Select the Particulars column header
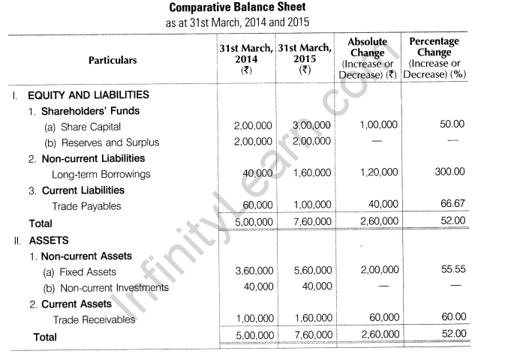coord(113,60)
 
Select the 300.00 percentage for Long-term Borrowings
coord(449,172)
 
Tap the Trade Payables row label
coord(86,205)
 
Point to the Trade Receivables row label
coord(93,319)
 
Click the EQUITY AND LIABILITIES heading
coord(88,95)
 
